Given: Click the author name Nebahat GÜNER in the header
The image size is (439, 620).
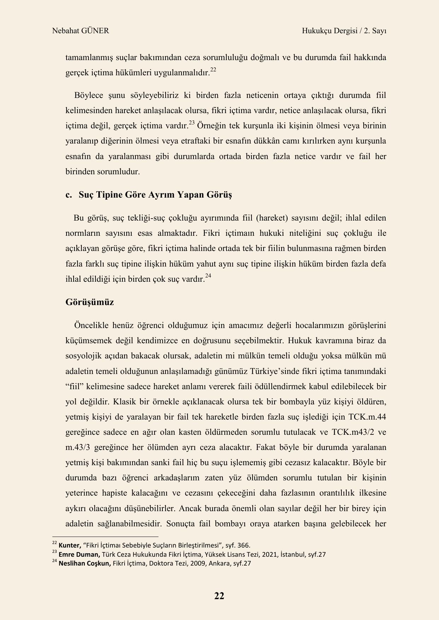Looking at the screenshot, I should click(x=80, y=31).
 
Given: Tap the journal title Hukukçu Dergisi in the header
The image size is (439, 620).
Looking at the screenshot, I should click(x=329, y=31).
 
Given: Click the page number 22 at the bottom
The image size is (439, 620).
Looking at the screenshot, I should click(x=219, y=596).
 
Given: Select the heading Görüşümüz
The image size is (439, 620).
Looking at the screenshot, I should click(x=89, y=302).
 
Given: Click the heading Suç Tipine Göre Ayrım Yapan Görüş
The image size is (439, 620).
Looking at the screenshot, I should click(x=155, y=195).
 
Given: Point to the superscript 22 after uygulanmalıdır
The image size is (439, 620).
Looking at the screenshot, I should click(x=213, y=69).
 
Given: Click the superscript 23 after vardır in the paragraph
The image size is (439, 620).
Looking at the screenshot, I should click(x=192, y=123).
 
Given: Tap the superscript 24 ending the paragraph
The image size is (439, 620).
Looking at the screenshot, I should click(x=208, y=276).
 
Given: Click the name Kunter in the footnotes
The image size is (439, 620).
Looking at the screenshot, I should click(x=70, y=545).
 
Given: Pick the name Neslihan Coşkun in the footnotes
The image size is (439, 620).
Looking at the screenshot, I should click(x=85, y=563).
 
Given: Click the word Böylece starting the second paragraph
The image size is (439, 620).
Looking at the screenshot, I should click(x=89, y=95).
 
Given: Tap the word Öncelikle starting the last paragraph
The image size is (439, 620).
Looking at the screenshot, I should click(x=91, y=325).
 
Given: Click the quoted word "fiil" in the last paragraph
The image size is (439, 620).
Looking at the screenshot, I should click(x=74, y=386).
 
